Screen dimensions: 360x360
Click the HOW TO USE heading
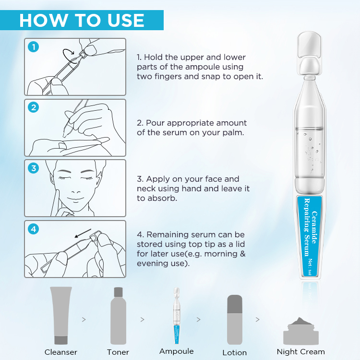click(x=82, y=20)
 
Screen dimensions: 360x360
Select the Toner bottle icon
click(x=118, y=315)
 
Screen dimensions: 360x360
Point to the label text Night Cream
click(x=300, y=352)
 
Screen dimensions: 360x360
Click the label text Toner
click(x=118, y=352)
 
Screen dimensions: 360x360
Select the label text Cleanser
click(x=61, y=352)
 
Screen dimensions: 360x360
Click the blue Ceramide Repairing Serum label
click(x=311, y=235)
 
